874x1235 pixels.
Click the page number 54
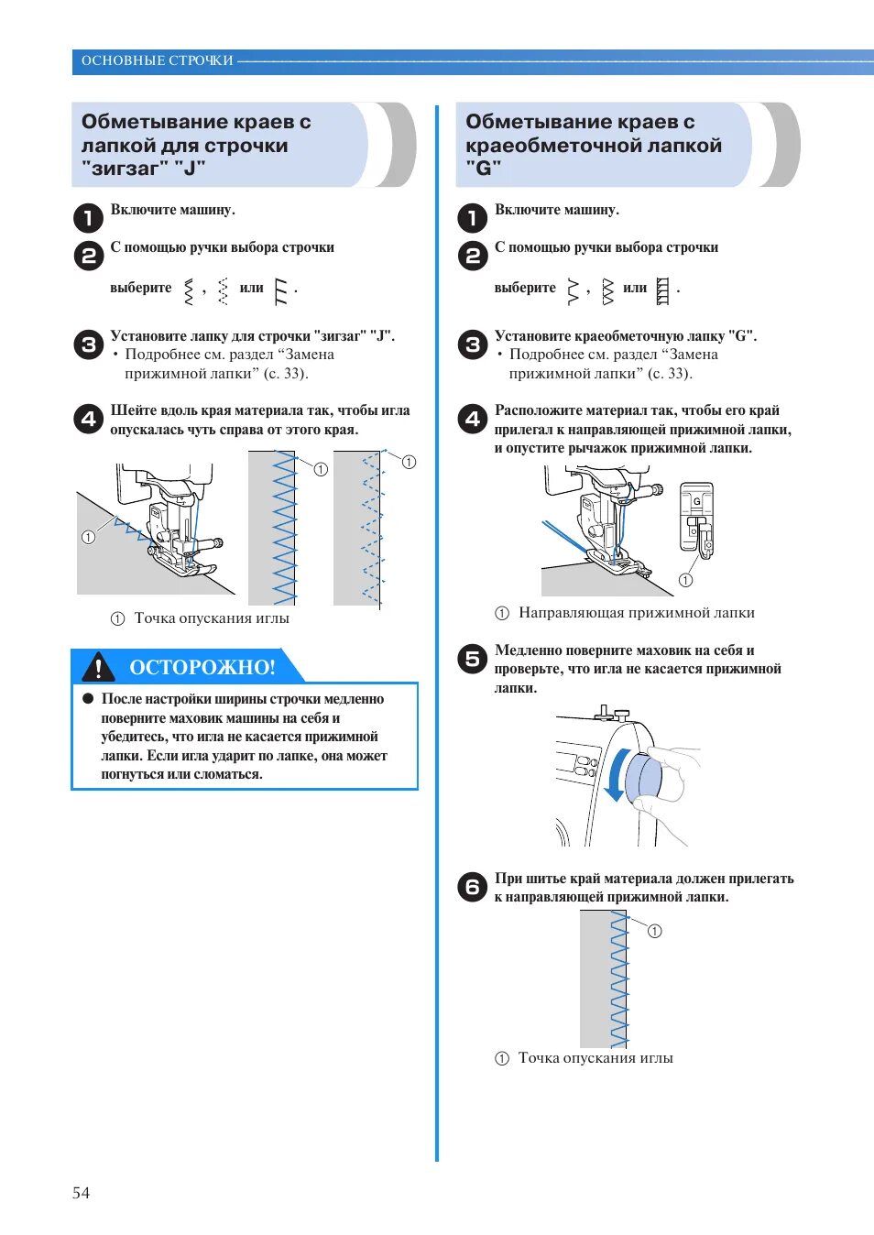(81, 1192)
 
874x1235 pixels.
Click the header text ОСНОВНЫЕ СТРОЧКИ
(157, 60)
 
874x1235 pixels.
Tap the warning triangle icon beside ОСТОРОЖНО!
(98, 667)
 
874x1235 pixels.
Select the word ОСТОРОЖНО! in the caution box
(202, 667)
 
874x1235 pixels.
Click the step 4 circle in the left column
(88, 419)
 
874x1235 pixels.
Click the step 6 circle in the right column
(472, 887)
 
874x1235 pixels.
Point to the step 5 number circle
(472, 658)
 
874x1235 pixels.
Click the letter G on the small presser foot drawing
(696, 501)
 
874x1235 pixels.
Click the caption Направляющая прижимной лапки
(636, 613)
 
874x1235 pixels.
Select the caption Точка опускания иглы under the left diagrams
(212, 618)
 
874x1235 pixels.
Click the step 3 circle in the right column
(472, 344)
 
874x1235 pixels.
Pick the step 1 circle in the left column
(88, 217)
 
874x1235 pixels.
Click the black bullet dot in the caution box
(89, 698)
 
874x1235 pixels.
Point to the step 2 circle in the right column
(472, 256)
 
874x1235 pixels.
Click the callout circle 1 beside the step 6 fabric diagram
(654, 931)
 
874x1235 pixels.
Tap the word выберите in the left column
(141, 288)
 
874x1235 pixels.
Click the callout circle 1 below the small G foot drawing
(685, 580)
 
